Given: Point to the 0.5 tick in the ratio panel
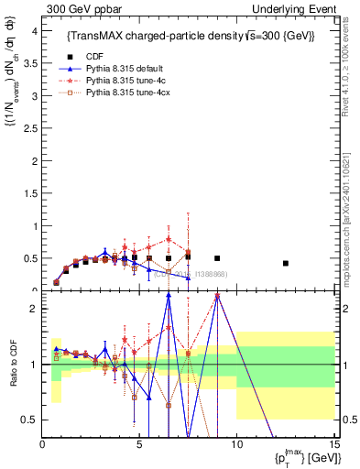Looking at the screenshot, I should click(30, 420).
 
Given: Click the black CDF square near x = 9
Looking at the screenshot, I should click(217, 258).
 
